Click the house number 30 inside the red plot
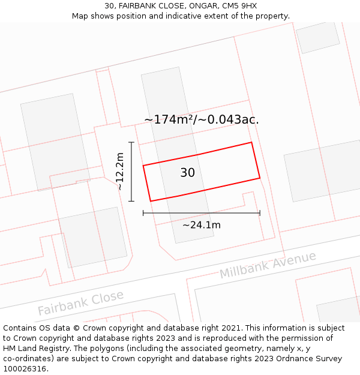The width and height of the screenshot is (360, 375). (x=187, y=173)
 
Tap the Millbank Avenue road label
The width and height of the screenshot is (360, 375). (x=268, y=265)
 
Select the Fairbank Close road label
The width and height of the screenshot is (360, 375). (x=80, y=302)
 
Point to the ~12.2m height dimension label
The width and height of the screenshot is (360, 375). (x=120, y=171)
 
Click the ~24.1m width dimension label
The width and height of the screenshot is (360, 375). (x=202, y=225)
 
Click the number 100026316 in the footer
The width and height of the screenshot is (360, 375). (x=24, y=368)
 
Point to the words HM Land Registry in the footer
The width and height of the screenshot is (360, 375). (x=31, y=348)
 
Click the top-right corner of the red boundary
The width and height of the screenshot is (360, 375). (x=251, y=142)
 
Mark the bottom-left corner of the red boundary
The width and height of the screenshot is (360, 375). (x=150, y=201)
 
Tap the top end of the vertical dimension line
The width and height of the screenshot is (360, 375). (x=131, y=142)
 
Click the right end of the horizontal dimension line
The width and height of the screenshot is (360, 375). (x=260, y=213)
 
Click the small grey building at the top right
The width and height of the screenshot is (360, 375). (x=317, y=37)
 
